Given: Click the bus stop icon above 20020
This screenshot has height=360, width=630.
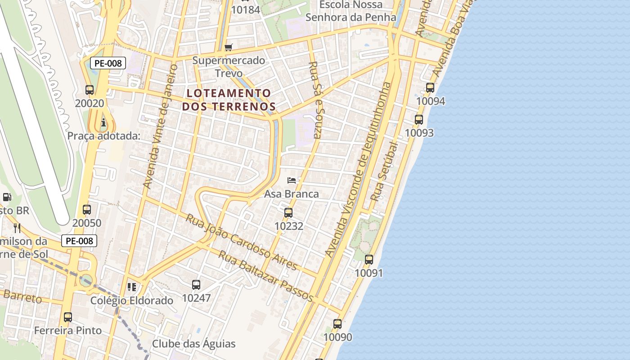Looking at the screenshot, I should pyautogui.click(x=90, y=90).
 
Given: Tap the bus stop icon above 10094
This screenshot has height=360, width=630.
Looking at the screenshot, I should pyautogui.click(x=430, y=88).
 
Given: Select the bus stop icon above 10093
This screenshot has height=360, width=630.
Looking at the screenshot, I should pyautogui.click(x=419, y=119).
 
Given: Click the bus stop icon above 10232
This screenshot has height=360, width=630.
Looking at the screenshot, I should pyautogui.click(x=288, y=212).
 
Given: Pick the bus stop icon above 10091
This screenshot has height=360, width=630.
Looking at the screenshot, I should pyautogui.click(x=369, y=259).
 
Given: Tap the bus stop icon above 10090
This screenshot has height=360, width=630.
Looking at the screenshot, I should pyautogui.click(x=337, y=324).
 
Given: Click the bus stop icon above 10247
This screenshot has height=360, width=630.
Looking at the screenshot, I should pyautogui.click(x=196, y=284).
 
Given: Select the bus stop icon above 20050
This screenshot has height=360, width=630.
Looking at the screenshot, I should pyautogui.click(x=87, y=210).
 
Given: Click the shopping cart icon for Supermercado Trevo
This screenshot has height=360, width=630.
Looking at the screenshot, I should pyautogui.click(x=229, y=47).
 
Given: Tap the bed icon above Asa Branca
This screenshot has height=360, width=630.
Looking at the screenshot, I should pyautogui.click(x=292, y=180).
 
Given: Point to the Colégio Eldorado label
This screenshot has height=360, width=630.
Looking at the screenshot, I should pyautogui.click(x=132, y=300).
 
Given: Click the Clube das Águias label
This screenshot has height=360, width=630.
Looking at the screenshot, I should pyautogui.click(x=193, y=344).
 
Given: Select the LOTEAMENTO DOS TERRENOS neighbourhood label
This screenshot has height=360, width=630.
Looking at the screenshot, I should pyautogui.click(x=229, y=100).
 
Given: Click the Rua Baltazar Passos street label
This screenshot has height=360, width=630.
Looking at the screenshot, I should pyautogui.click(x=265, y=276).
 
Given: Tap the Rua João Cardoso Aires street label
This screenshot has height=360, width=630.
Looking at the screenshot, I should pyautogui.click(x=242, y=242).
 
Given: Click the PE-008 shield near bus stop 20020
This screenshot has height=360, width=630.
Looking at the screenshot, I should pyautogui.click(x=108, y=63).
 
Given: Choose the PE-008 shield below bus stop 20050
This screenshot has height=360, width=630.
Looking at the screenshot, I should pyautogui.click(x=79, y=241).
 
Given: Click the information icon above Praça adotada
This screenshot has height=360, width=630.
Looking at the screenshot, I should pyautogui.click(x=104, y=122).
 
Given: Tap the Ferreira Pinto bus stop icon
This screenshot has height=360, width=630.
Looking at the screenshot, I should pyautogui.click(x=68, y=317).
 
